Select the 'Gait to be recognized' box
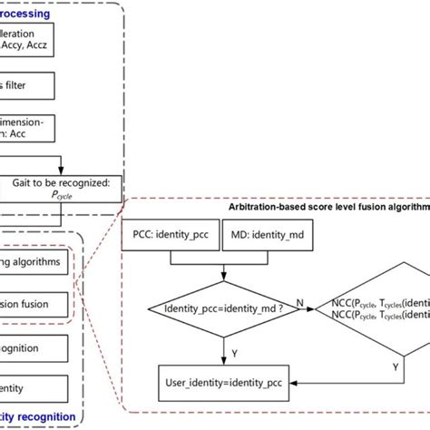[61, 187]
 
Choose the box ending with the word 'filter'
[27, 86]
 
